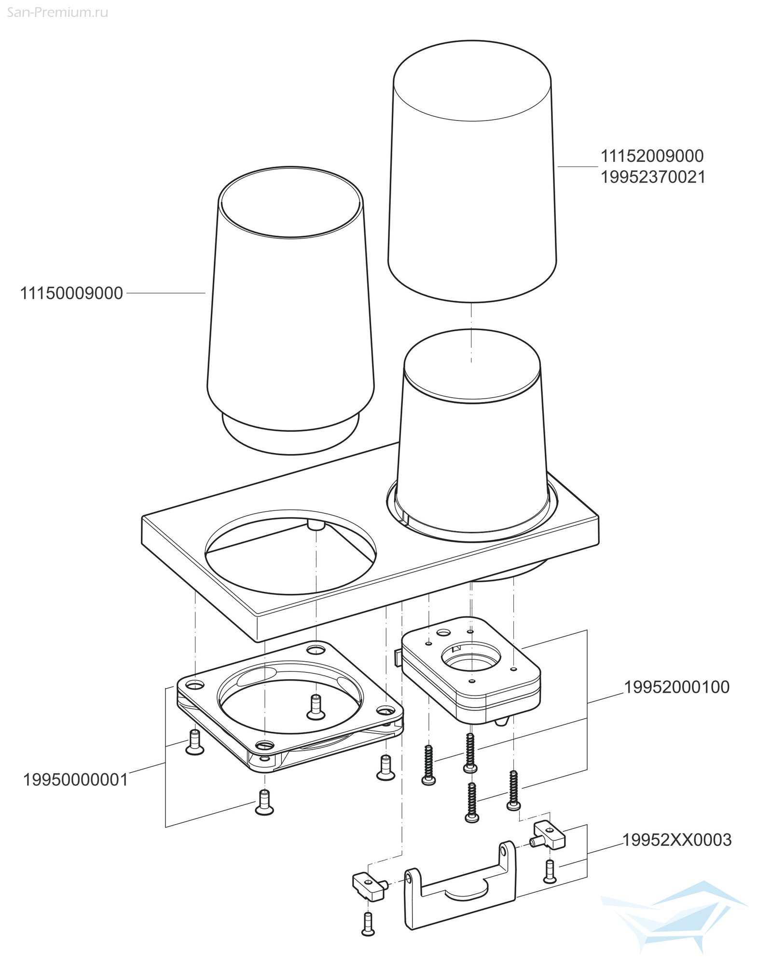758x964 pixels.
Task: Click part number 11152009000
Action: [x=652, y=156]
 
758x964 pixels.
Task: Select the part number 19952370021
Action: [x=652, y=177]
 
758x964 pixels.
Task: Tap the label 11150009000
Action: [x=71, y=293]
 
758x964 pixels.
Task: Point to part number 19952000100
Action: [x=676, y=687]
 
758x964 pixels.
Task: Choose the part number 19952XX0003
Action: [x=677, y=840]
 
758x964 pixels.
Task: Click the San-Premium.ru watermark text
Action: [x=57, y=13]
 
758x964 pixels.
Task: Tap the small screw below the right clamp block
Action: [x=549, y=872]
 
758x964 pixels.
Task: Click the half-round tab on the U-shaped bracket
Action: [x=466, y=890]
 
